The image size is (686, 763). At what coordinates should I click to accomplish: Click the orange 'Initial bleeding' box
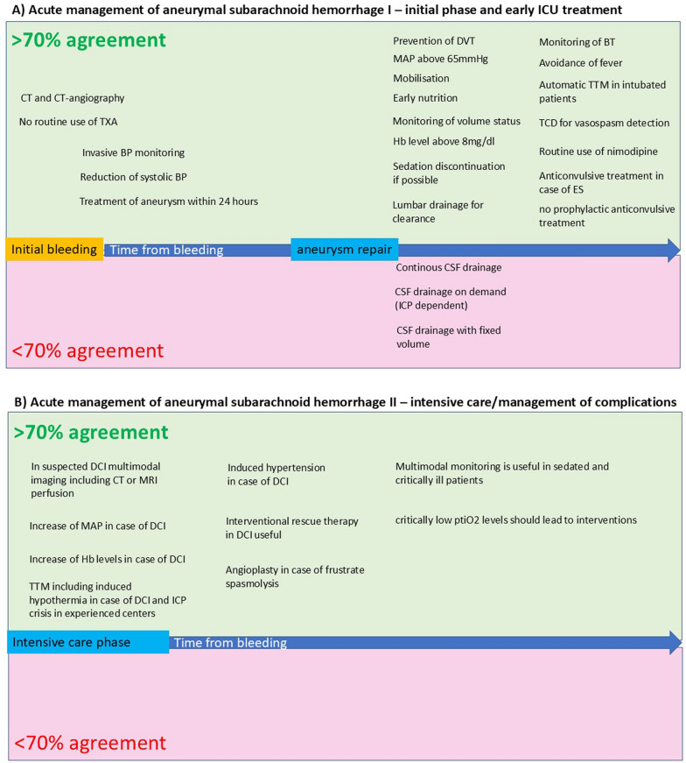coord(54,250)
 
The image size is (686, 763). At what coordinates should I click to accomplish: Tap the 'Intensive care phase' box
coord(87,642)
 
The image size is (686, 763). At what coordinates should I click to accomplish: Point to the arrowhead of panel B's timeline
coord(674,642)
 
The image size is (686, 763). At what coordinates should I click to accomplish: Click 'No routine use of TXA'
coord(68,121)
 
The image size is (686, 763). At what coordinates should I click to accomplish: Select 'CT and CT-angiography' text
coord(73,98)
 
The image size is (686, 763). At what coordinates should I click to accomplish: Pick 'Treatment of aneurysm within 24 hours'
coord(169,201)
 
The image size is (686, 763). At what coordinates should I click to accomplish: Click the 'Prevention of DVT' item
coord(434,40)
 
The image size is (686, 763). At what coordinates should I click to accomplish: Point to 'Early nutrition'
coord(425,98)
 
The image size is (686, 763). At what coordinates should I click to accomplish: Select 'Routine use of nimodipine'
coord(598,152)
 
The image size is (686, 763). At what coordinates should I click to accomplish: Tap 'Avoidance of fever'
coord(582,62)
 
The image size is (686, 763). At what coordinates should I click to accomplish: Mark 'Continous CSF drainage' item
coord(449,267)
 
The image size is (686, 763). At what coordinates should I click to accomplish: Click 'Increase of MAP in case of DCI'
coord(98,526)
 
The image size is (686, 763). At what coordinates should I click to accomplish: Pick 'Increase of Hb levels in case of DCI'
coord(108,559)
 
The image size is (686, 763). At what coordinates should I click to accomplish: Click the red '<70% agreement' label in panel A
coord(87,351)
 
